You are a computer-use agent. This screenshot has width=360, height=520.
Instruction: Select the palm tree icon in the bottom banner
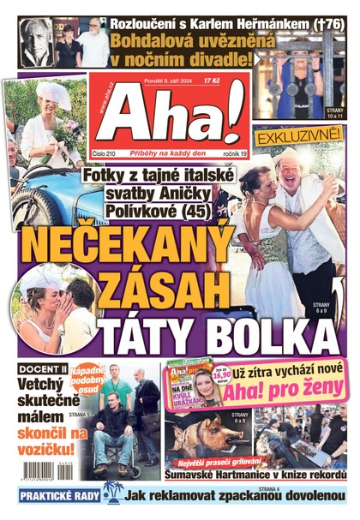pos(110,494)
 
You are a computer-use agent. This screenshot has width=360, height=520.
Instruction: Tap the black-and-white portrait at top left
pos(35,43)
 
